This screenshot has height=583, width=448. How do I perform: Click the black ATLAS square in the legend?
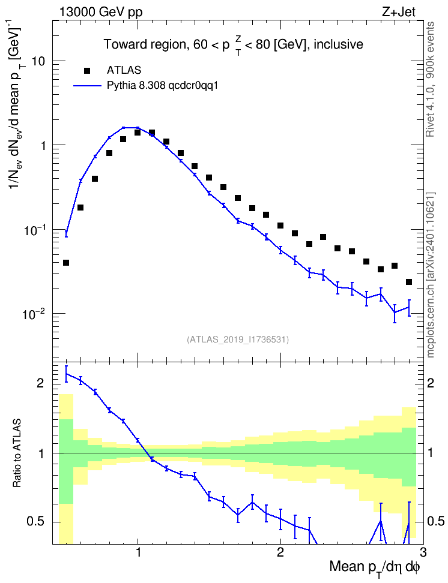[87, 70]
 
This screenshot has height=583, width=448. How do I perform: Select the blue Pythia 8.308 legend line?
[87, 86]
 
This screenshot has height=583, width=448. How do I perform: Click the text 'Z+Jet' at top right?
[399, 12]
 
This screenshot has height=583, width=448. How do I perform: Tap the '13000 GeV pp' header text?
[100, 12]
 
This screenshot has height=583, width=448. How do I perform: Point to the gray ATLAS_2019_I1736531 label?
[238, 339]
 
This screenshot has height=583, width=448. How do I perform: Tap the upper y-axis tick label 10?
[38, 61]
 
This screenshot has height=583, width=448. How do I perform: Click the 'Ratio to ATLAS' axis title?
[17, 453]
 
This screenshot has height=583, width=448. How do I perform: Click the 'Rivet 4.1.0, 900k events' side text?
[431, 80]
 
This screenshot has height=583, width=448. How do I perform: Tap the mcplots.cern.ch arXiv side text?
[431, 275]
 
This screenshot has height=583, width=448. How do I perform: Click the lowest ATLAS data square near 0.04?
[66, 263]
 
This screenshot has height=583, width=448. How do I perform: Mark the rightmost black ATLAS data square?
[409, 283]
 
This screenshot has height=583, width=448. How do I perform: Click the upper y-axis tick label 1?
[43, 145]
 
